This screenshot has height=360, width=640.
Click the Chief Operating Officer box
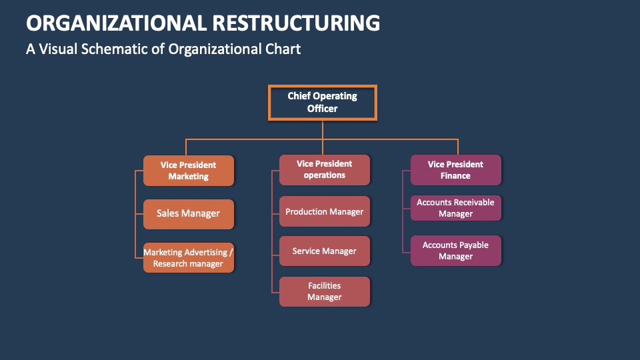322,102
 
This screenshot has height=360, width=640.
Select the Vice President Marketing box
189,171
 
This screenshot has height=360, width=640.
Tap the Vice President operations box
325,169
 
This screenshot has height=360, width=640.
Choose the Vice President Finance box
455,170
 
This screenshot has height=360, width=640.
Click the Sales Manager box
189,213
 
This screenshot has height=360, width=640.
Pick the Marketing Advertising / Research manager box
189,258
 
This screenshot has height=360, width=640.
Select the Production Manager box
325,211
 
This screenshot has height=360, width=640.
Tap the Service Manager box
325,251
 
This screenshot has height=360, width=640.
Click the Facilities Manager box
325,291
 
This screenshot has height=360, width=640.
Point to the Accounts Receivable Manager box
455,208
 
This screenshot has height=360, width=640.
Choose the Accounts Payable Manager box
455,251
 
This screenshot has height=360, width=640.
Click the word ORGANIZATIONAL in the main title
116,23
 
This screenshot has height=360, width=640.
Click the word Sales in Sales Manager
169,213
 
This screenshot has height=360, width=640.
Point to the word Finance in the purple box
455,176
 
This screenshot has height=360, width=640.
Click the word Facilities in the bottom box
325,286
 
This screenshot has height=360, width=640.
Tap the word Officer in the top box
322,108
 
